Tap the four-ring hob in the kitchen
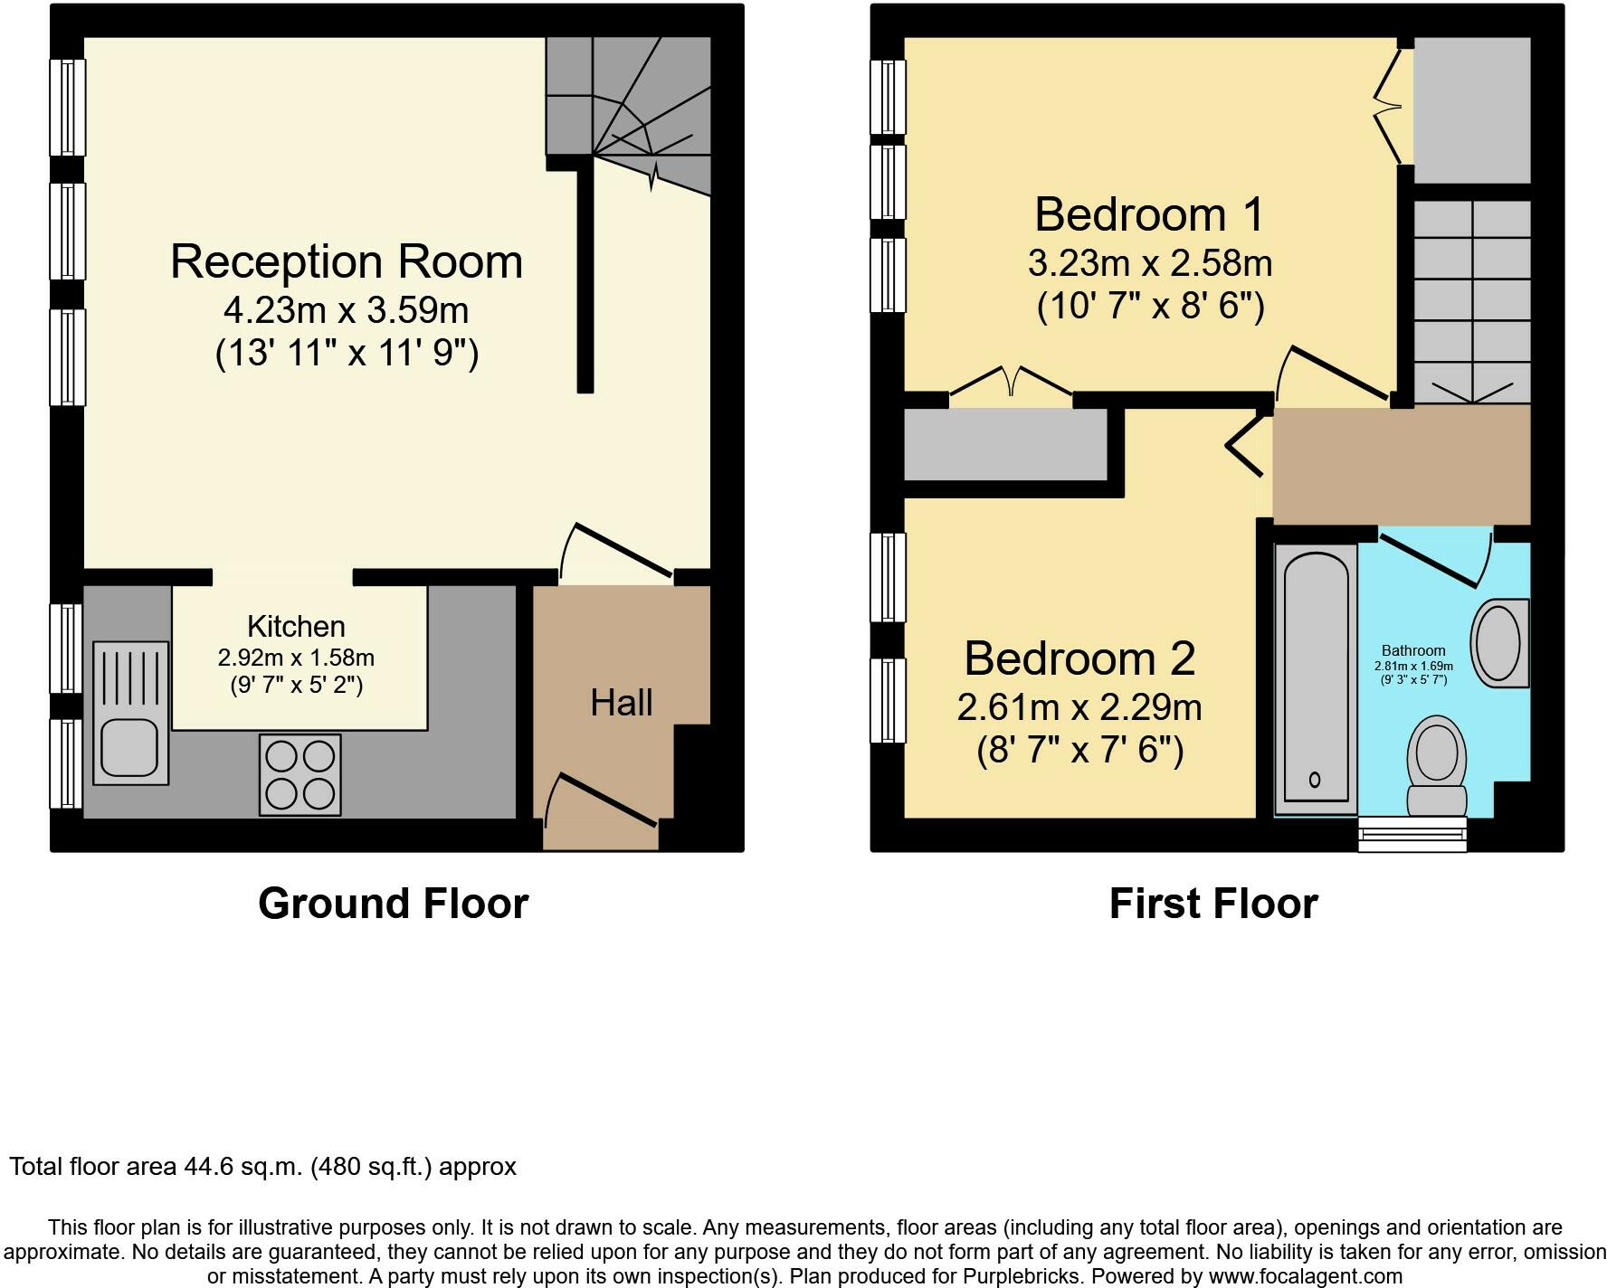(x=300, y=774)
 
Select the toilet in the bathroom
(x=1436, y=766)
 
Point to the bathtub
(x=1316, y=679)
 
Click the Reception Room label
(x=347, y=261)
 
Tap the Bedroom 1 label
(x=1149, y=214)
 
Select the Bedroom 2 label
(x=1079, y=658)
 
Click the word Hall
(x=622, y=703)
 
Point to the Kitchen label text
(x=296, y=626)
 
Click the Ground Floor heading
(x=393, y=904)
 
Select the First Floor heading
(x=1213, y=904)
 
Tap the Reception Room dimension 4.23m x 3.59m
(x=347, y=310)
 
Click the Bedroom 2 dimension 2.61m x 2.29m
(x=1079, y=706)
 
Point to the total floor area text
(x=263, y=1167)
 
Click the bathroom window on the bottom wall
(x=1412, y=833)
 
